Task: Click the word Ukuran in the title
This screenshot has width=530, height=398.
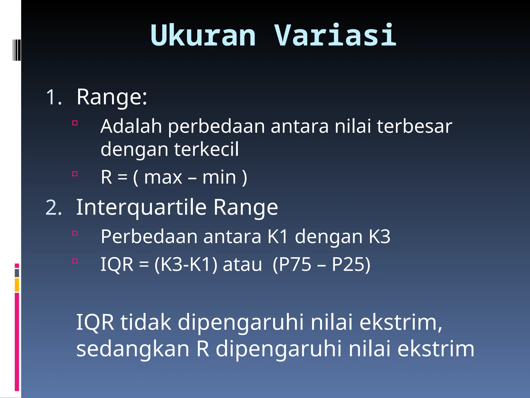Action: pyautogui.click(x=203, y=35)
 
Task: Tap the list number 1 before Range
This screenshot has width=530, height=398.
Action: pyautogui.click(x=54, y=97)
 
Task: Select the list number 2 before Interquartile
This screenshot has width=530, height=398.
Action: pyautogui.click(x=54, y=208)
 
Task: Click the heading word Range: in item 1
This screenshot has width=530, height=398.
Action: pyautogui.click(x=112, y=97)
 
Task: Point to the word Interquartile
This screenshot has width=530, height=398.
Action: pyautogui.click(x=141, y=208)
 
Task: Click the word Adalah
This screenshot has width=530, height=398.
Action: pyautogui.click(x=131, y=126)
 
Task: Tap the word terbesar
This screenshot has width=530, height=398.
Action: pyautogui.click(x=414, y=126)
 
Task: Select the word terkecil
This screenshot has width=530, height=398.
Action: pyautogui.click(x=207, y=150)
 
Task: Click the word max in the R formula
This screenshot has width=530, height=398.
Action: pyautogui.click(x=163, y=177)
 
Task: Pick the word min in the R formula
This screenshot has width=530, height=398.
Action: pyautogui.click(x=219, y=177)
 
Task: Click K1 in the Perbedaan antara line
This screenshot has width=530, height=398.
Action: pyautogui.click(x=277, y=237)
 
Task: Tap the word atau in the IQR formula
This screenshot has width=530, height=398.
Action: pyautogui.click(x=242, y=265)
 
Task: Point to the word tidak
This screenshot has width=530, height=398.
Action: pyautogui.click(x=146, y=322)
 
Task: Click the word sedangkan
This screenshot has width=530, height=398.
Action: pyautogui.click(x=133, y=349)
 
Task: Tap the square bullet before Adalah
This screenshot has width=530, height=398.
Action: pyautogui.click(x=75, y=123)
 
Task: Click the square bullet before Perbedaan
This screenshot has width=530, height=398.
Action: pyautogui.click(x=75, y=233)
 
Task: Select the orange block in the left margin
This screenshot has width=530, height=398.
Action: pyautogui.click(x=17, y=285)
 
